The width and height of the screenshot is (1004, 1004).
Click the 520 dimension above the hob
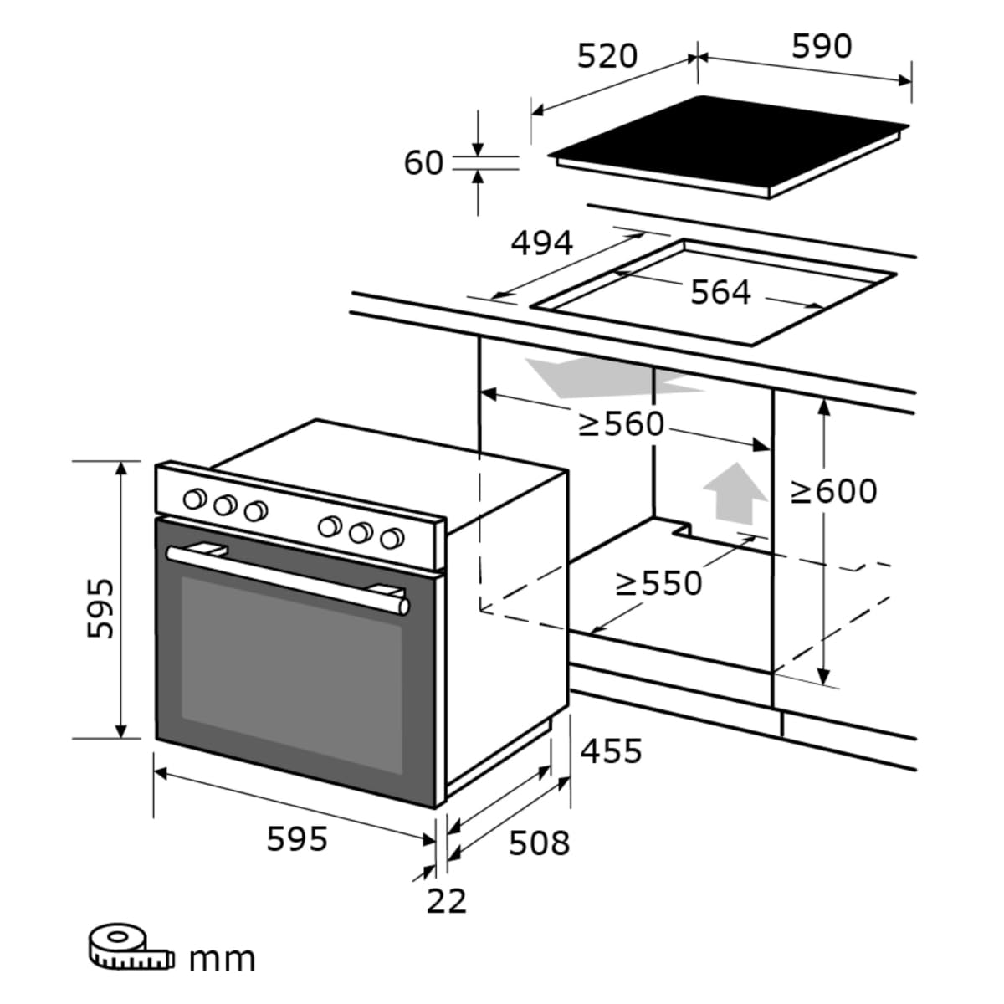(x=607, y=56)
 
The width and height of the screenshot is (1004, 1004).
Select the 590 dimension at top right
(x=822, y=47)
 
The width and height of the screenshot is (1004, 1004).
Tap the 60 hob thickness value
(x=423, y=162)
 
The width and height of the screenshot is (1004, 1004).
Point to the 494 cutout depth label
(x=542, y=243)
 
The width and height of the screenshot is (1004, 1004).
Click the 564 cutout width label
(x=720, y=292)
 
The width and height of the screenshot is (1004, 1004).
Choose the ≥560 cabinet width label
(x=622, y=424)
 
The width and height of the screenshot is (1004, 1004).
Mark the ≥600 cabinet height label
(x=834, y=491)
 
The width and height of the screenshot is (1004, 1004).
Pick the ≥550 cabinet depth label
(x=658, y=583)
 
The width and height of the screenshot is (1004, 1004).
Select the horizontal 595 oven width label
(x=297, y=838)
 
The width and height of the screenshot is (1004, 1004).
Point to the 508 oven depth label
(x=539, y=843)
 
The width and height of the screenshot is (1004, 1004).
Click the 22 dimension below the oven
(x=446, y=901)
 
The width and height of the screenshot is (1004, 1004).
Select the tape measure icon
(x=127, y=946)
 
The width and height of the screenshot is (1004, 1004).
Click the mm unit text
(x=222, y=958)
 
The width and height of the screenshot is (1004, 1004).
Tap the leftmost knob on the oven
(x=194, y=499)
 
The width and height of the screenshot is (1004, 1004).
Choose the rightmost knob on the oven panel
(x=391, y=538)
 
